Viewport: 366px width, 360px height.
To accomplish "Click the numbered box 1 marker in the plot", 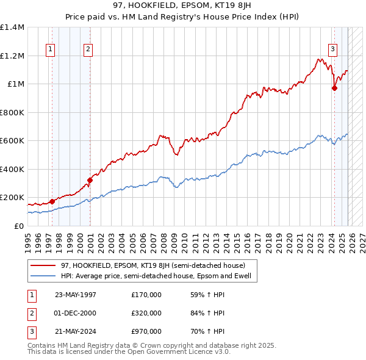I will tap(49, 50).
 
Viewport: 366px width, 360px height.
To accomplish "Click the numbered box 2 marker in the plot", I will tap(88, 50).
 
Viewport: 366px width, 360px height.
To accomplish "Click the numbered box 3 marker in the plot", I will tap(332, 50).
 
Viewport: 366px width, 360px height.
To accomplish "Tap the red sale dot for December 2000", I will tap(90, 180).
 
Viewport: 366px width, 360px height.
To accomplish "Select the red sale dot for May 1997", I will tap(52, 201).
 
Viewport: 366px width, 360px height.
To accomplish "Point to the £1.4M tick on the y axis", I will tap(12, 27).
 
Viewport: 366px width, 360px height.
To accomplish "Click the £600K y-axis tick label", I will tap(12, 141).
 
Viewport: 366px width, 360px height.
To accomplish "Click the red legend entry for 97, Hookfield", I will tap(153, 265).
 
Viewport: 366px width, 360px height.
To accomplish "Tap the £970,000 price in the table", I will tap(146, 331).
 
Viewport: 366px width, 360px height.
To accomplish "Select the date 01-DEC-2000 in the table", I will tap(76, 313).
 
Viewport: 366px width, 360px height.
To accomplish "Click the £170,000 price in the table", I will tap(146, 295).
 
